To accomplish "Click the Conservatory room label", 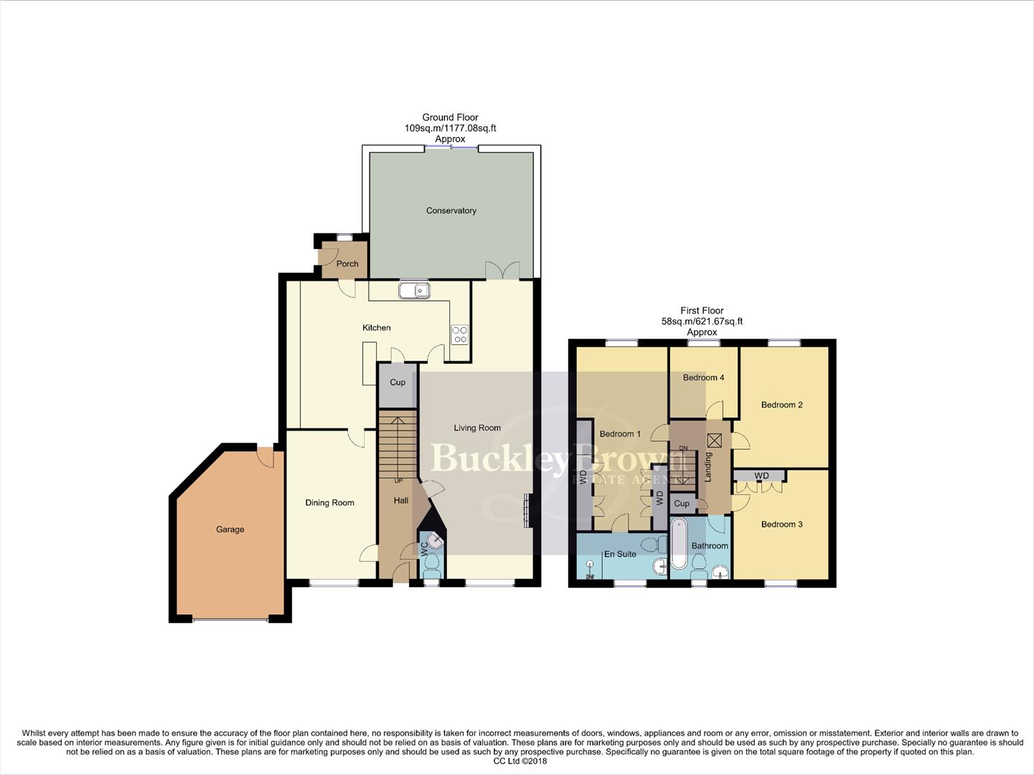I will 451,210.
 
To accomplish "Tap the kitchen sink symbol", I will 414,291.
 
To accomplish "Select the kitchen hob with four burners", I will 459,334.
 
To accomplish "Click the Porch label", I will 347,263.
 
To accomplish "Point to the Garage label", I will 230,530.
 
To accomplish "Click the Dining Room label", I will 329,502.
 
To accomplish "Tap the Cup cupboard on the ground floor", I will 398,382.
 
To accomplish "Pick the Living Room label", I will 477,428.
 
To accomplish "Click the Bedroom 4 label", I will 703,377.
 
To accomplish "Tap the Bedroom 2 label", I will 781,405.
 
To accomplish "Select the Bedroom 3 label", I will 781,525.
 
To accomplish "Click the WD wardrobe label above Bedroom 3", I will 761,476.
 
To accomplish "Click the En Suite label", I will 620,554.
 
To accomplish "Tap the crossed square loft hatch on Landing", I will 714,441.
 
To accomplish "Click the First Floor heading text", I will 702,311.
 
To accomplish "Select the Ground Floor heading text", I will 450,117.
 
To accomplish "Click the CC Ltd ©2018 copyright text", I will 520,761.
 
